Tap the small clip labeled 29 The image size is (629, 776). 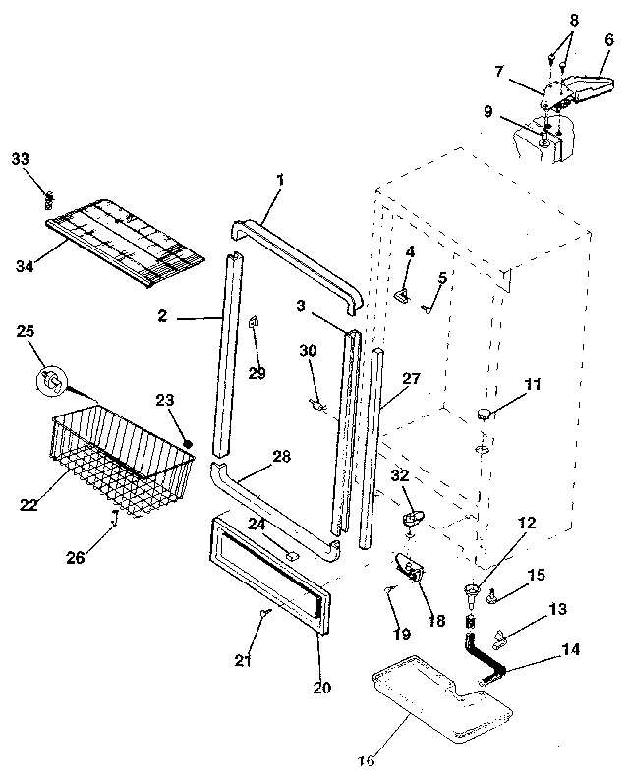[x=255, y=322]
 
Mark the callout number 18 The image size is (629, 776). [x=436, y=621]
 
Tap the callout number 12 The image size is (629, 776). [x=527, y=524]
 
